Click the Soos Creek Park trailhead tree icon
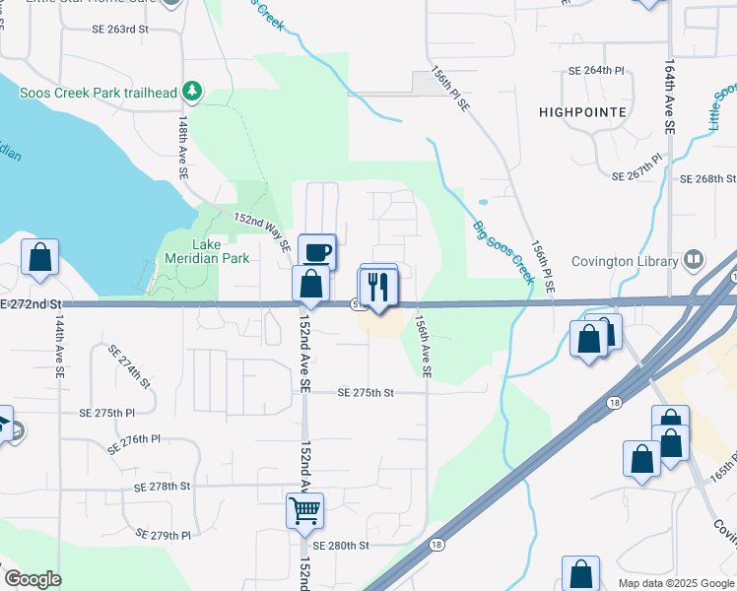[192, 94]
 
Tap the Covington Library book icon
[694, 261]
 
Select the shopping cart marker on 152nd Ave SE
[305, 510]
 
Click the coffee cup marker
[317, 251]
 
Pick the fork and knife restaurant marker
[379, 286]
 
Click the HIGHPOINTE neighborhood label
[582, 112]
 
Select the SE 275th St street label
[366, 392]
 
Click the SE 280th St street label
[340, 545]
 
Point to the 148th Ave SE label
[183, 146]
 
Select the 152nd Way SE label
[261, 230]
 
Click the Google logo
[33, 579]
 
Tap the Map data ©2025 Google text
[676, 583]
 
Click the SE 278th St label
[162, 487]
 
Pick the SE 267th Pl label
[639, 176]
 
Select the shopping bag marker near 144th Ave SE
[39, 257]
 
